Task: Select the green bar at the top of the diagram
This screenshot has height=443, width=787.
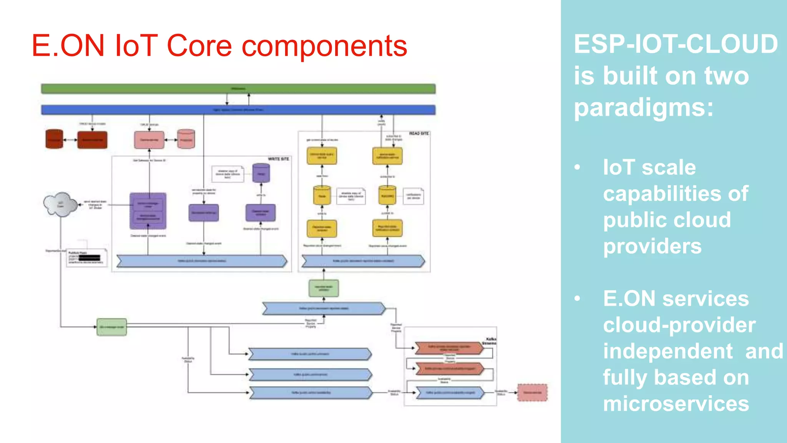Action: pos(238,89)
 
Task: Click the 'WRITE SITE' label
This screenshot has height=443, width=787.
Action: pos(278,159)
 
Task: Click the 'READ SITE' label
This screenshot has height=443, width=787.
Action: pos(418,133)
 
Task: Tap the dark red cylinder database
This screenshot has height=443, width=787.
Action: pos(54,139)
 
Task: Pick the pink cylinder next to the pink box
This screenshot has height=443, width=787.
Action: pos(186,139)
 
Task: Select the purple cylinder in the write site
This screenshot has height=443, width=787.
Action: pos(261,173)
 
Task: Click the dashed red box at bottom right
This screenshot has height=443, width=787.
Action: pos(532,393)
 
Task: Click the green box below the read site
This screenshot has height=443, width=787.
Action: pos(324,288)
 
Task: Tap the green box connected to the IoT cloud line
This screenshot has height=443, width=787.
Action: pos(111,327)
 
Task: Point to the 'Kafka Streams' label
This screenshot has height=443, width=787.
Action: pos(489,341)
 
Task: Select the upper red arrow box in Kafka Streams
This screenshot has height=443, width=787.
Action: pos(449,348)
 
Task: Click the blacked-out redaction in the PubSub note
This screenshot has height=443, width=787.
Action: pos(90,258)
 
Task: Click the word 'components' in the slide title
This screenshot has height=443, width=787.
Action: pos(324,46)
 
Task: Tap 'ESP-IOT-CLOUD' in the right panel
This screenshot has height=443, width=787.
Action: pos(676,44)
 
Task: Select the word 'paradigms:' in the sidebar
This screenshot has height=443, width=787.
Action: pos(644,108)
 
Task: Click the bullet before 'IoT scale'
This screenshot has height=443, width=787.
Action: pos(577,167)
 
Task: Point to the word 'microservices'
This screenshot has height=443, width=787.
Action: pos(676,404)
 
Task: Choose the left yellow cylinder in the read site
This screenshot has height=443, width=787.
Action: pos(322,195)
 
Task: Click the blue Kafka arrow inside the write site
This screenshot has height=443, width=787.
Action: pos(202,261)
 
